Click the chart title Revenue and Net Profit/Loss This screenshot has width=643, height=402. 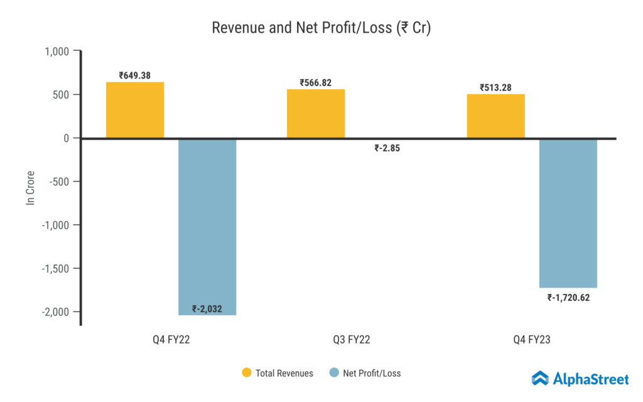pyautogui.click(x=321, y=28)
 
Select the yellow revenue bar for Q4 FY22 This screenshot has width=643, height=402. pyautogui.click(x=135, y=110)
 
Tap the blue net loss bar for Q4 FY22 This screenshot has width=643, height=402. pyautogui.click(x=207, y=226)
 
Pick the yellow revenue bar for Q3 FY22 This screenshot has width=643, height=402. pyautogui.click(x=316, y=114)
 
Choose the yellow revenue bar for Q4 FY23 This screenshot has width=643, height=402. pyautogui.click(x=496, y=116)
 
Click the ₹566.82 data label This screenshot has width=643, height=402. pyautogui.click(x=316, y=83)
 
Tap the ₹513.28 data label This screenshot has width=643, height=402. pyautogui.click(x=496, y=87)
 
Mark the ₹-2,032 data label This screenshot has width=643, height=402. pyautogui.click(x=207, y=308)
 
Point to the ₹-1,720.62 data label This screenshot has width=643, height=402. pyautogui.click(x=568, y=297)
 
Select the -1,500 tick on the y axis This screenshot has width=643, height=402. pyautogui.click(x=56, y=268)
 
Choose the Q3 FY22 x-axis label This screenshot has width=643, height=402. pyautogui.click(x=352, y=340)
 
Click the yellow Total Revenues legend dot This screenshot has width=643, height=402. pyautogui.click(x=247, y=373)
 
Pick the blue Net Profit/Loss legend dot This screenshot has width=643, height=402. pyautogui.click(x=334, y=373)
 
